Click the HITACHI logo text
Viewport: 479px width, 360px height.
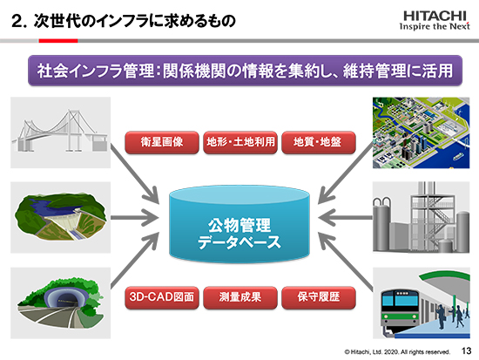(x=435, y=16)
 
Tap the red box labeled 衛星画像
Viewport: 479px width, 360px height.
(x=162, y=142)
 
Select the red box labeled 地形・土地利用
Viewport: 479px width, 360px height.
(x=240, y=142)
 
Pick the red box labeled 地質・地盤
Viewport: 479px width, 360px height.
(x=319, y=142)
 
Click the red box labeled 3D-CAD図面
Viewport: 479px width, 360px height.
(x=162, y=297)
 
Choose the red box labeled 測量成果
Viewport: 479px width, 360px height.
(x=240, y=297)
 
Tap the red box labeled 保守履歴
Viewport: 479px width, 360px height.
(x=319, y=297)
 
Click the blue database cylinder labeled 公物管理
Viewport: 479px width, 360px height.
(x=239, y=224)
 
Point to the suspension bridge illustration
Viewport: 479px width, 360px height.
(x=60, y=132)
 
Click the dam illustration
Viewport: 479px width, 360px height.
(x=60, y=217)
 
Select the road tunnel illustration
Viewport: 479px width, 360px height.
(x=60, y=302)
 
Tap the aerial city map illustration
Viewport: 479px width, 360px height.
(x=421, y=132)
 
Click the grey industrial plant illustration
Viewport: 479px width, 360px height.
(x=421, y=217)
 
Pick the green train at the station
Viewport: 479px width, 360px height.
(x=401, y=309)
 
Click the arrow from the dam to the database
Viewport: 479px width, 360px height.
(x=135, y=218)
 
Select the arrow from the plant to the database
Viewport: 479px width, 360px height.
(x=345, y=218)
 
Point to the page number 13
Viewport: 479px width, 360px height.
(x=466, y=350)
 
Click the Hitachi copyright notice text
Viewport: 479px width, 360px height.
(x=397, y=352)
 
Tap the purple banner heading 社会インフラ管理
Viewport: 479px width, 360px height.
(x=245, y=71)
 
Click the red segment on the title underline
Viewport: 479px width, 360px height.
(x=58, y=41)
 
